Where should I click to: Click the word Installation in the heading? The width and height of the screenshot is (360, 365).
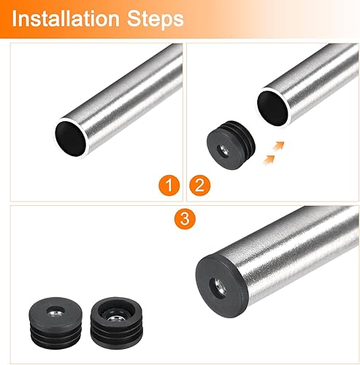66,19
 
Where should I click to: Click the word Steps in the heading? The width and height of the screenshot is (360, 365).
156,20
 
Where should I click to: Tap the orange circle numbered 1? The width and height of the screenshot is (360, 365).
169,185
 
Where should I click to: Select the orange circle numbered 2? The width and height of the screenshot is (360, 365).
200,185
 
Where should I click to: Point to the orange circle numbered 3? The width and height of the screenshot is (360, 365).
185,218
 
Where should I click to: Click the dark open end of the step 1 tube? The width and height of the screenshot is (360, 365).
71,139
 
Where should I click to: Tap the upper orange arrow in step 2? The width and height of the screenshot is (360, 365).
278,146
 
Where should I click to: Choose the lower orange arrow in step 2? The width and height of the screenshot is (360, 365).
269,160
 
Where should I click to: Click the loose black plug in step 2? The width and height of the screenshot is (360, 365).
231,145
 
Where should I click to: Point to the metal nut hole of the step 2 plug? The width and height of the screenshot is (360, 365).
223,150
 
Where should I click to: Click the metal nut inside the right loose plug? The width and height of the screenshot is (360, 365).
115,318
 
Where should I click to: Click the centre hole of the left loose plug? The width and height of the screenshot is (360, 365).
55,311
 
